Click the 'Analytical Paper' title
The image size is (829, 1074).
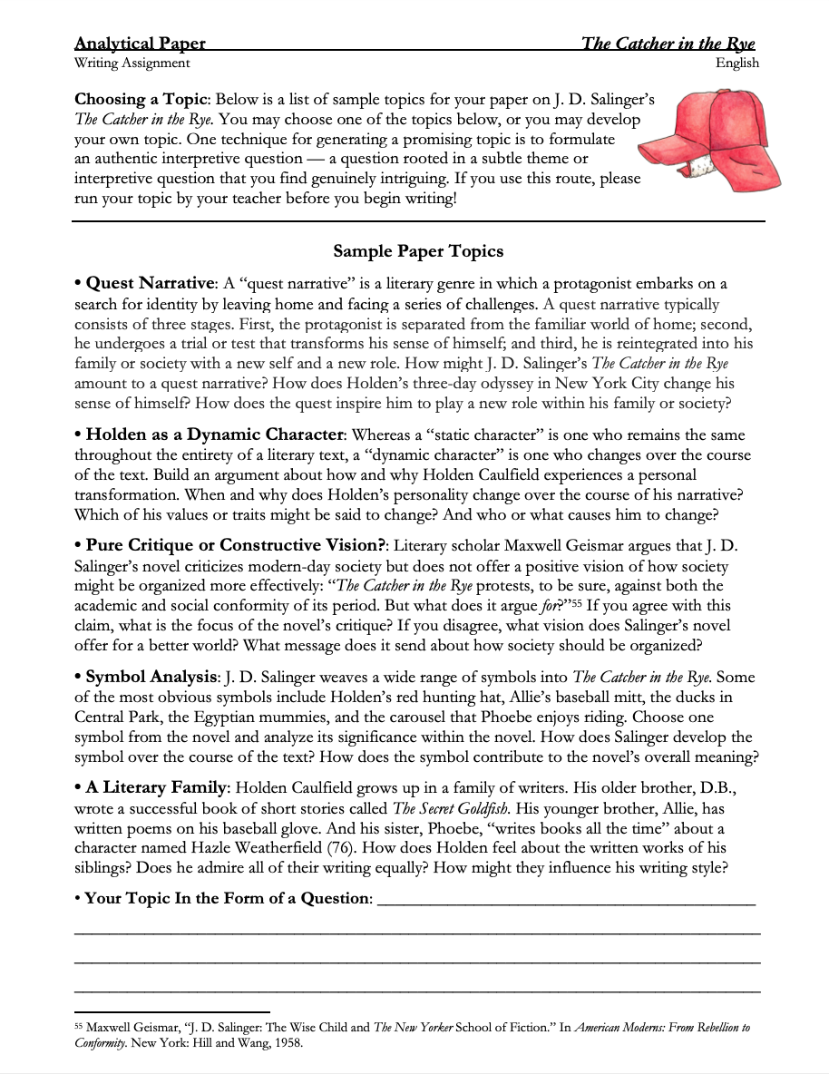140,44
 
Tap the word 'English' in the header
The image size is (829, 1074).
736,63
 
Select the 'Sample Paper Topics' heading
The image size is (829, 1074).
418,251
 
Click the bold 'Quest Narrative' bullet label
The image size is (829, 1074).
150,284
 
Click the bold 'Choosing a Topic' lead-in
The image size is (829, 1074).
141,99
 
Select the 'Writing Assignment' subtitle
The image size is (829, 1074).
132,63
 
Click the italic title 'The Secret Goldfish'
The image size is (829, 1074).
452,808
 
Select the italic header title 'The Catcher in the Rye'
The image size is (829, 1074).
668,44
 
